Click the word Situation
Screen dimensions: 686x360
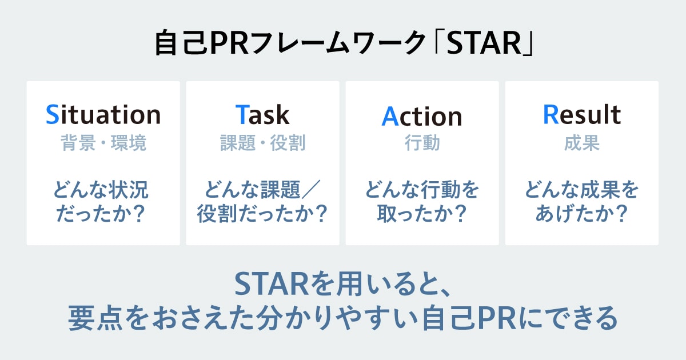(x=103, y=114)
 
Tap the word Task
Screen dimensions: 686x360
(x=262, y=114)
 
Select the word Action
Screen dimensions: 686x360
(x=422, y=116)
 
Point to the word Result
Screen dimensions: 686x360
(x=582, y=114)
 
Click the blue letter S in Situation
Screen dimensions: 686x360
(x=53, y=114)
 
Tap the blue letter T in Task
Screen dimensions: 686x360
(x=242, y=114)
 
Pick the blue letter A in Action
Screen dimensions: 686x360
(x=390, y=116)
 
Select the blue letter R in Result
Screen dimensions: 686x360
(x=551, y=114)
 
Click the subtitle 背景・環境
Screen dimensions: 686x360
(x=103, y=143)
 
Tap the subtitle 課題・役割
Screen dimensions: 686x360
(x=263, y=143)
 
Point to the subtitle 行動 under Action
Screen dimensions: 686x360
(x=422, y=143)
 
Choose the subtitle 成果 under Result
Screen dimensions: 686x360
(x=582, y=143)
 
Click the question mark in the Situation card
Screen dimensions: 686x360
(x=139, y=213)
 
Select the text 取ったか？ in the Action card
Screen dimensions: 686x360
(x=422, y=213)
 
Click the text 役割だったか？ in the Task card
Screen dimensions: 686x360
(x=262, y=213)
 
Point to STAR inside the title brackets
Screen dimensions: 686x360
(x=484, y=43)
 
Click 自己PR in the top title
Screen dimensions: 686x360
(x=201, y=43)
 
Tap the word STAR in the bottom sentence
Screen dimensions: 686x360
(x=272, y=285)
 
